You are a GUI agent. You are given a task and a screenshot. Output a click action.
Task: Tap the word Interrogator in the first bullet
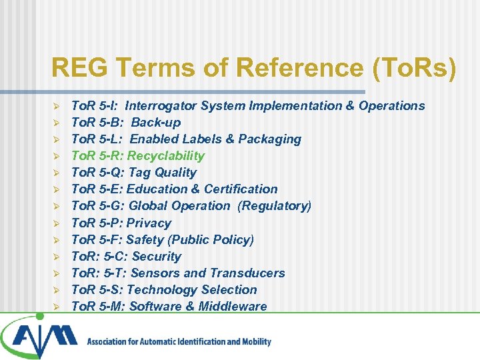coord(161,105)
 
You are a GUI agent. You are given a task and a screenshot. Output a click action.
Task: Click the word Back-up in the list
coord(155,123)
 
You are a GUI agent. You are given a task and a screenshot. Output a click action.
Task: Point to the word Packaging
coord(269,139)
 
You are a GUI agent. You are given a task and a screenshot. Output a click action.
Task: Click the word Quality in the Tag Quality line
coord(175,173)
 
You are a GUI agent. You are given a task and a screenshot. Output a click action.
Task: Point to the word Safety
coord(145,240)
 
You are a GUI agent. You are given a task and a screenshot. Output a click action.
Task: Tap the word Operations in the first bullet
coord(391,105)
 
